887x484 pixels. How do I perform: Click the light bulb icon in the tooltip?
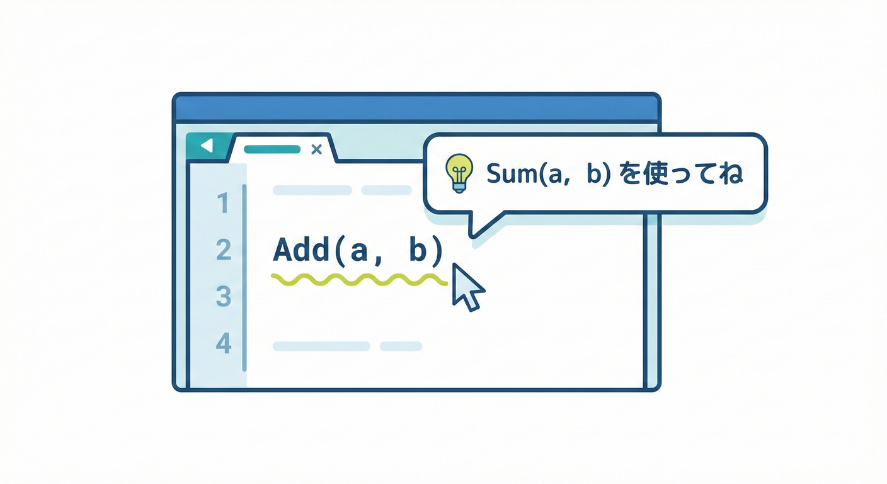point(459,173)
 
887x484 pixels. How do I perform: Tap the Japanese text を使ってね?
point(680,173)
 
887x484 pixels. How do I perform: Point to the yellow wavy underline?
point(359,280)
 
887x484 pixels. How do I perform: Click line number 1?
point(224,203)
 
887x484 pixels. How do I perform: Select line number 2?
point(224,250)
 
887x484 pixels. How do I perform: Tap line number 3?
point(224,296)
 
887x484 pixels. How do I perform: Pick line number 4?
point(224,343)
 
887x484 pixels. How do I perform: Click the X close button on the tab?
point(316,149)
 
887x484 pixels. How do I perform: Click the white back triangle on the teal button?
point(207,146)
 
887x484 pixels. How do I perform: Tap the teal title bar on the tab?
point(272,149)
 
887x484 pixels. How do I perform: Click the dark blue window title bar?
point(416,107)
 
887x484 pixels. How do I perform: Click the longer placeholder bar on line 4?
point(321,346)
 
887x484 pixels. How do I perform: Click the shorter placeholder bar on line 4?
point(401,346)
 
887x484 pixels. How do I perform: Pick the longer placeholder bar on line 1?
point(312,190)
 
